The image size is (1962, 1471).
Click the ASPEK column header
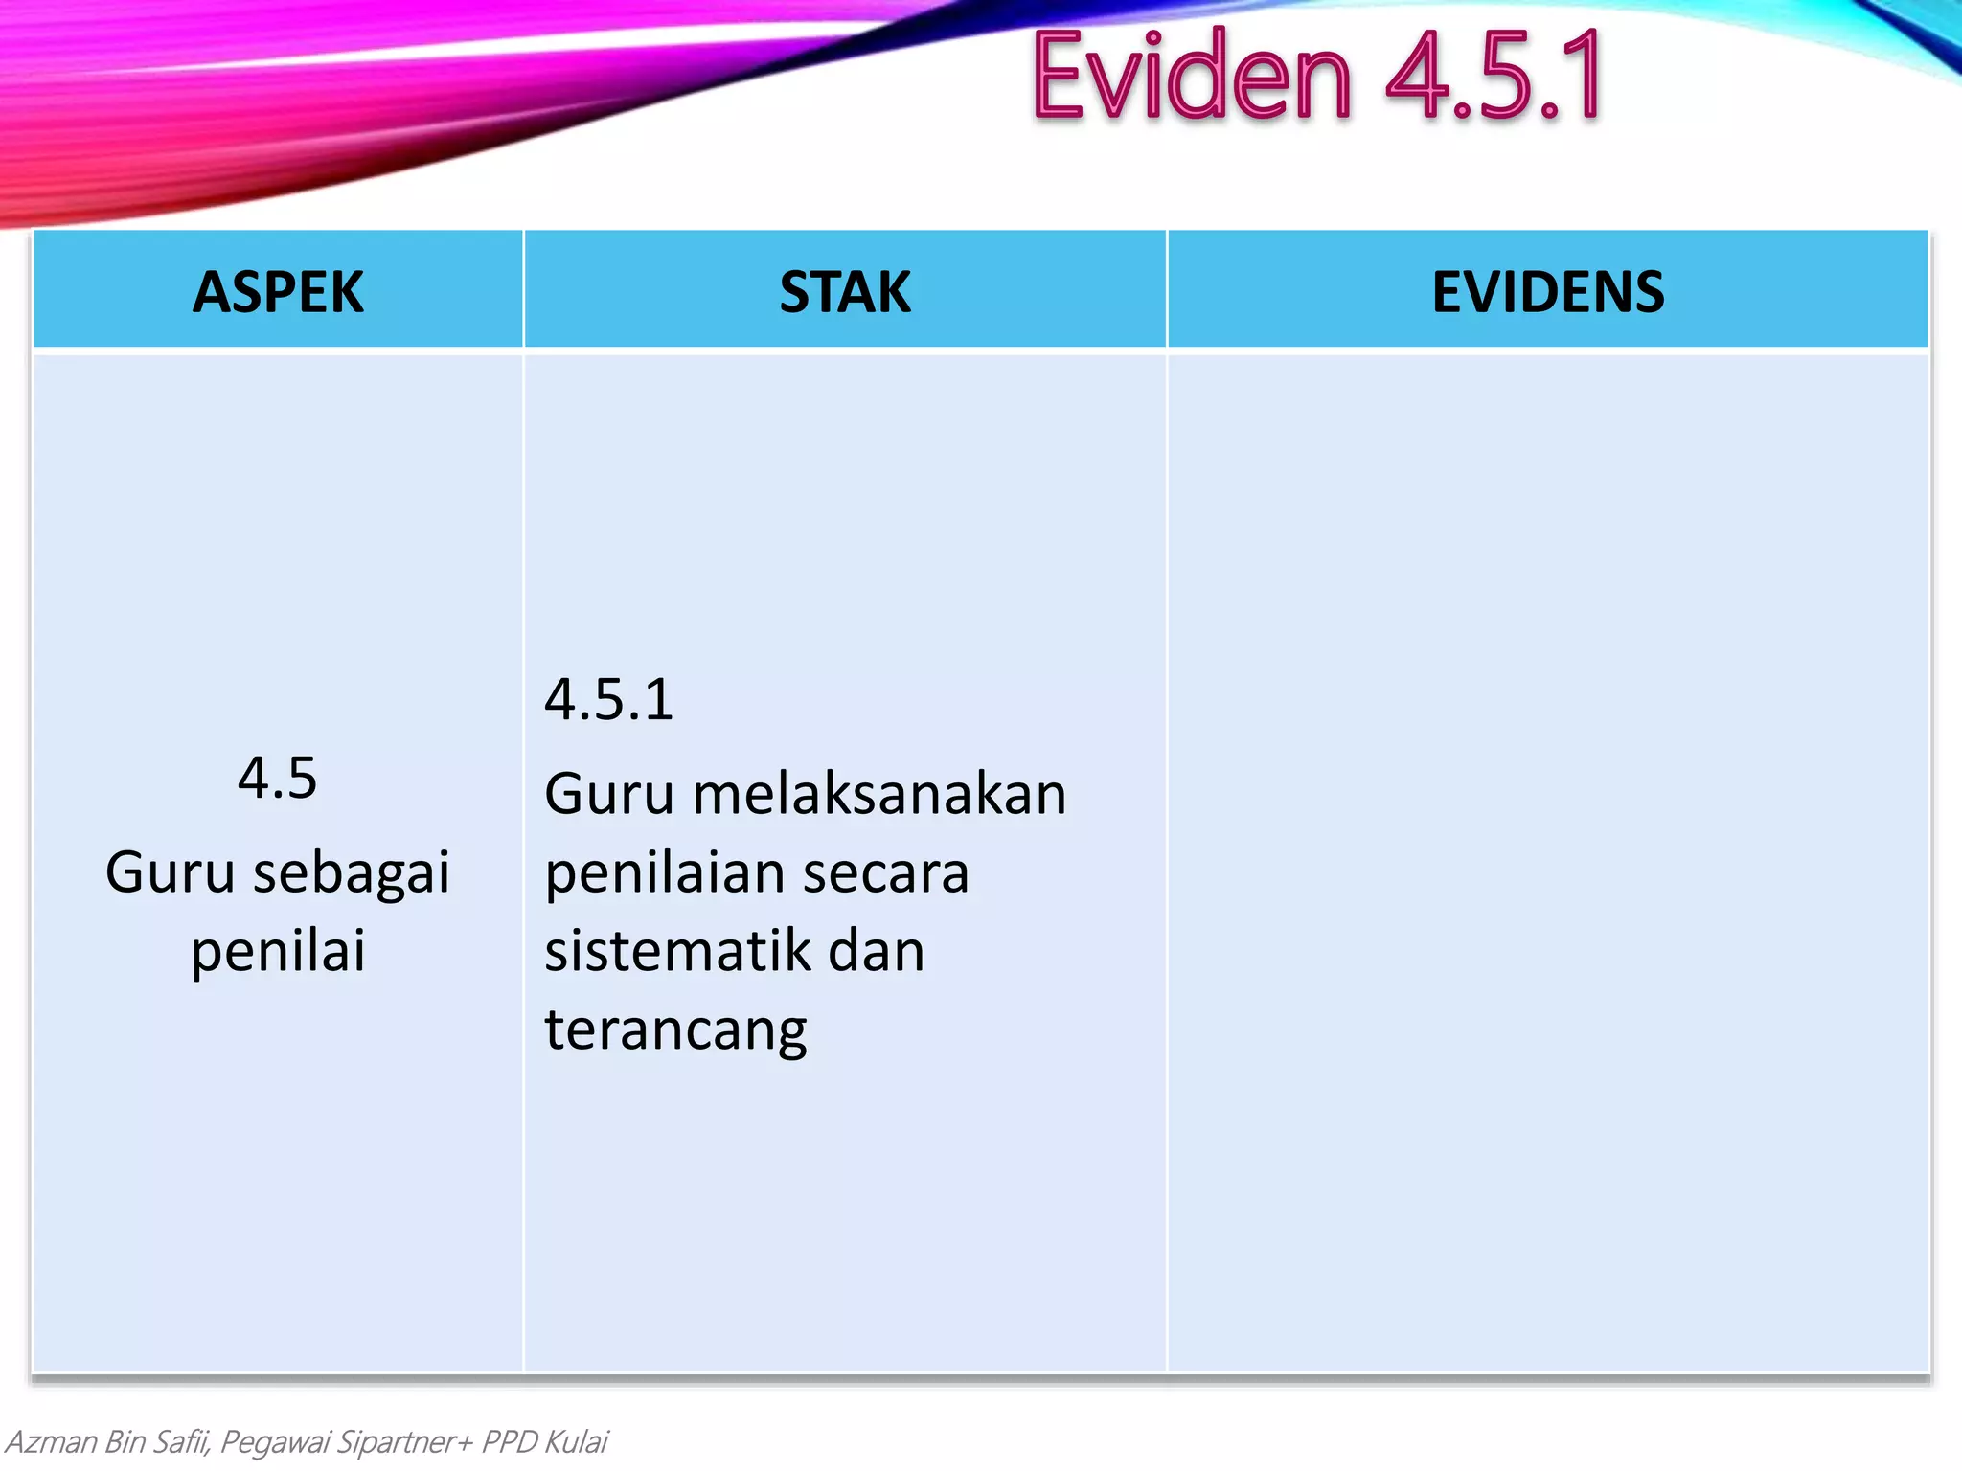tap(278, 292)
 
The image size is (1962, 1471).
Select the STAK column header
tap(845, 292)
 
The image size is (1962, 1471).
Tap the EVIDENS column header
tap(1548, 292)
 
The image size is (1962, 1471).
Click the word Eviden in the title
tap(1192, 77)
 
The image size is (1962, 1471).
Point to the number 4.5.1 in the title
tap(1494, 77)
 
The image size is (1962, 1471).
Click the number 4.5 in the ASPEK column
tap(277, 777)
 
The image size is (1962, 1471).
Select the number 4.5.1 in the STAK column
tap(609, 699)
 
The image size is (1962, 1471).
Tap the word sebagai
tap(352, 873)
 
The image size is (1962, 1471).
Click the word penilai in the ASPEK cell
tap(278, 951)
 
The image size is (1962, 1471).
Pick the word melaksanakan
tap(879, 794)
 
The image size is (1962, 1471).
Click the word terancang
tap(676, 1030)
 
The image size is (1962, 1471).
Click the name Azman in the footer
tap(51, 1441)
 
